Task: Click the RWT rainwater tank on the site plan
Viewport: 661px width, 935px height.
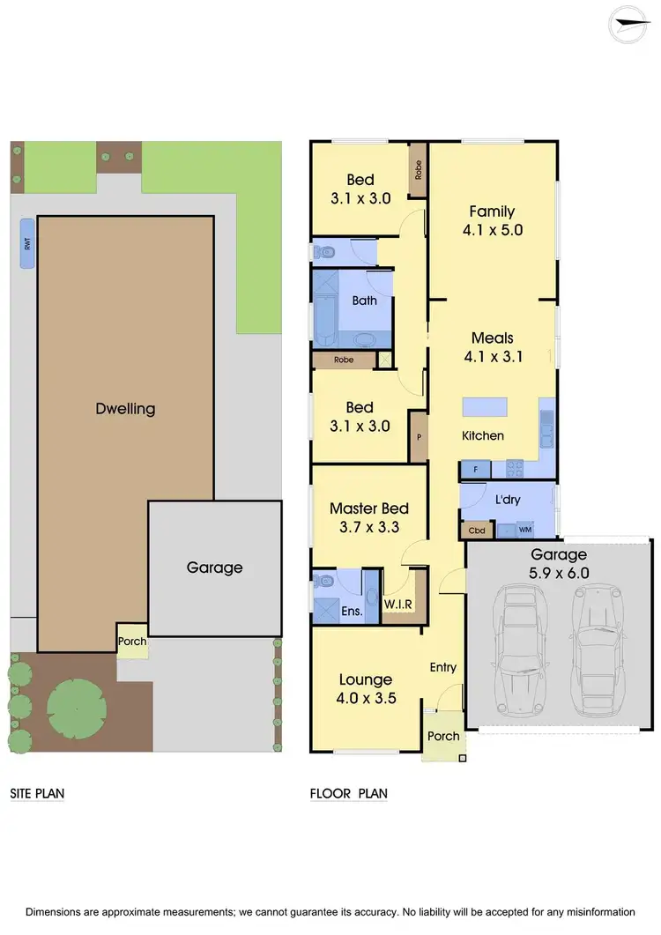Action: coord(27,244)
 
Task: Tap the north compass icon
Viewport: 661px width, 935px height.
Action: coord(635,24)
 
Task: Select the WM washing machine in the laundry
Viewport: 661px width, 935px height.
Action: coord(525,531)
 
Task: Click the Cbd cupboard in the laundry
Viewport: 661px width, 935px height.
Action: coord(477,531)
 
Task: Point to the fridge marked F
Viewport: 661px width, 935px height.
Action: coord(476,470)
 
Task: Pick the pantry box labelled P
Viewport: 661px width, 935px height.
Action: coord(419,436)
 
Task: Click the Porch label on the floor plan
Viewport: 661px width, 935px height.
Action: coord(443,736)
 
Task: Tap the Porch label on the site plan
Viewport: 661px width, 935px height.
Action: coord(132,642)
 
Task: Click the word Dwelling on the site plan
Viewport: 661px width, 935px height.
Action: coord(125,409)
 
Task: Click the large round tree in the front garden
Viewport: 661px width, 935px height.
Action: coord(77,708)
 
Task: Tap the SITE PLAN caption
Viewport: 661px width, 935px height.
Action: coord(37,794)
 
